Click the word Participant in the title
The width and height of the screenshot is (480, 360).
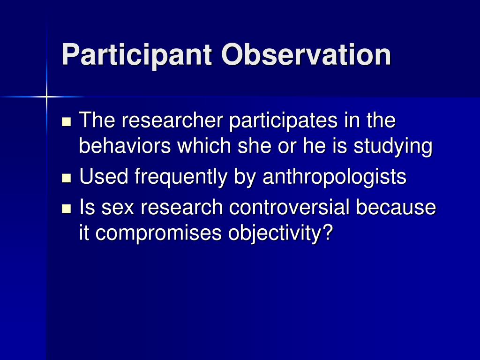coord(137,55)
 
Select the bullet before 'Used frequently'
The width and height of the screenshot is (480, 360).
coord(66,178)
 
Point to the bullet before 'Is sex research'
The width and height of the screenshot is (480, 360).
coord(66,209)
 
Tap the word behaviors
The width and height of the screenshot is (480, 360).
coord(125,146)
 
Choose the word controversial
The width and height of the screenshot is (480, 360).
coord(289,207)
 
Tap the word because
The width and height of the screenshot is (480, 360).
coord(396,207)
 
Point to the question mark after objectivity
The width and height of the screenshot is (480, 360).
coord(326,232)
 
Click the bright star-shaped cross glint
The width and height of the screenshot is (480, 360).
coord(46,97)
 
